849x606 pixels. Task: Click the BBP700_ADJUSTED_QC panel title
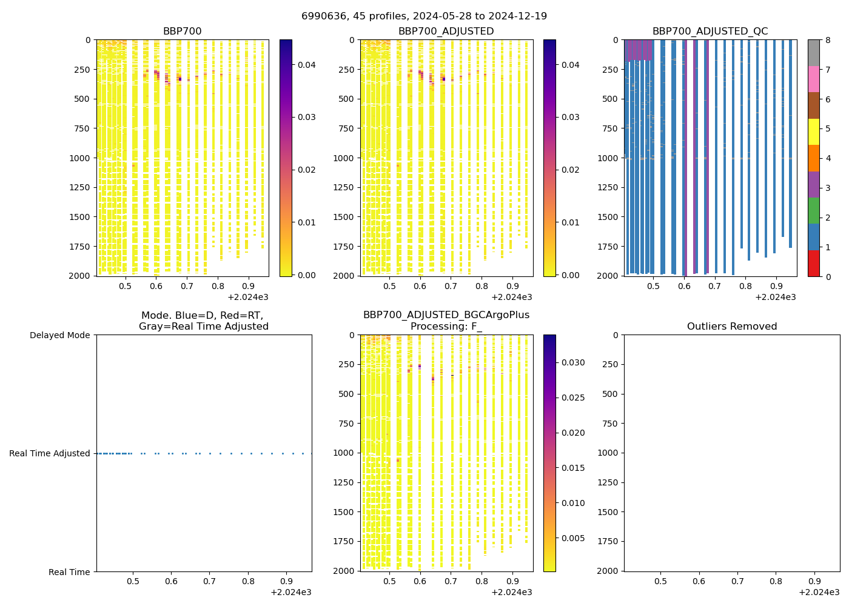(710, 32)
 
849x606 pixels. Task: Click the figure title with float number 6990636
(424, 16)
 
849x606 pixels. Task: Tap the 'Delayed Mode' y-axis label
(60, 335)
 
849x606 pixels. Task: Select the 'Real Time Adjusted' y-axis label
(50, 453)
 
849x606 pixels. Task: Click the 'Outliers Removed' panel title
(731, 327)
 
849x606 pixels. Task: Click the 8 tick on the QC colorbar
(828, 40)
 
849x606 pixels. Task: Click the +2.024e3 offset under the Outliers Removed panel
(819, 592)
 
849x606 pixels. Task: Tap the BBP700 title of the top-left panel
(182, 32)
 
